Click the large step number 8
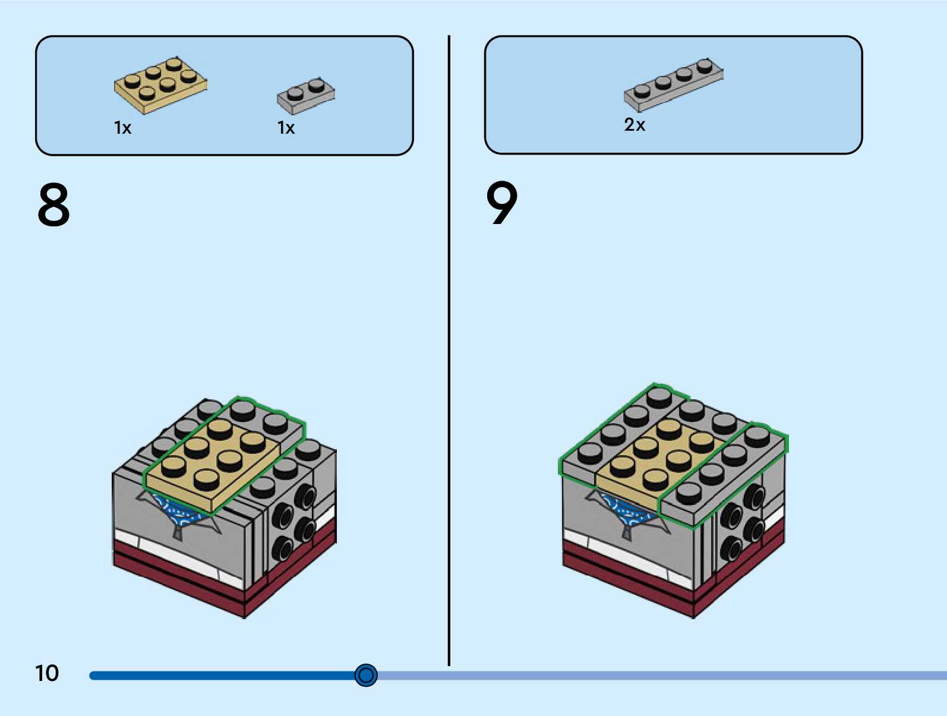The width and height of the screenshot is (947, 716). point(53,204)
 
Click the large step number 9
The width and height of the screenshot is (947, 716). point(502,203)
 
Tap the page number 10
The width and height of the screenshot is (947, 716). point(47,673)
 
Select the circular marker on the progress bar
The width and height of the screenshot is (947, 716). point(366,675)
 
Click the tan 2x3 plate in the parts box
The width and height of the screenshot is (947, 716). point(160,86)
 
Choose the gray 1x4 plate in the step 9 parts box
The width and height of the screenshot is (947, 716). point(673,84)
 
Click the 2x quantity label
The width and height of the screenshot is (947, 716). point(635,125)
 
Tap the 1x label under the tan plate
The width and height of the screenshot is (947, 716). point(122,128)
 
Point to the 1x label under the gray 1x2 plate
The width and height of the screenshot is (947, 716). point(286,128)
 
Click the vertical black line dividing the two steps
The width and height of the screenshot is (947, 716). point(449,357)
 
